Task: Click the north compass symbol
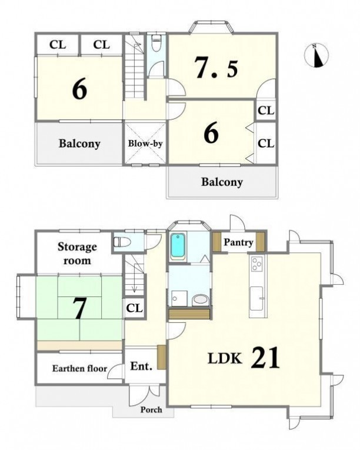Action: tap(316, 56)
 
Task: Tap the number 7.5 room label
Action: tap(216, 68)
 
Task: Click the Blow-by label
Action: tap(145, 143)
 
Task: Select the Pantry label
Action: tap(238, 242)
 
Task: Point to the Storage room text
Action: tap(77, 254)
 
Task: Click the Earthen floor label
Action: tap(79, 368)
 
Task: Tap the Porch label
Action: tap(151, 409)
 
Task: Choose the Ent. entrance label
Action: tap(141, 366)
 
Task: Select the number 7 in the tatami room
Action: tap(79, 308)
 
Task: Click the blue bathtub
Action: tap(178, 245)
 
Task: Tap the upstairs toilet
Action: tap(156, 43)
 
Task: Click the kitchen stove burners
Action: tap(256, 264)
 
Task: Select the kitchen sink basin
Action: tap(256, 298)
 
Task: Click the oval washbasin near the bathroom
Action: tap(200, 300)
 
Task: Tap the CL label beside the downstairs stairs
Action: tap(134, 308)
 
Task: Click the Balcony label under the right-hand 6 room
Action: tap(222, 182)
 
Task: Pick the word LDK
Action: tap(225, 358)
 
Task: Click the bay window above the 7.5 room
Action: tap(211, 26)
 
